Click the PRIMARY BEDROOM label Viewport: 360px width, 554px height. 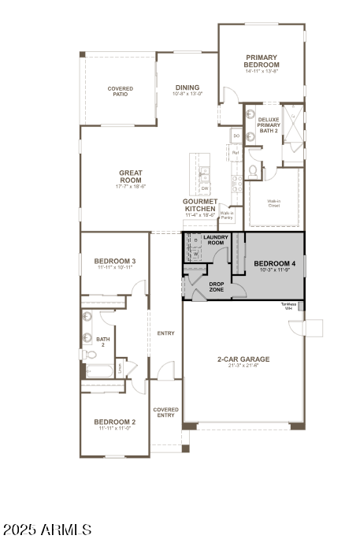262,61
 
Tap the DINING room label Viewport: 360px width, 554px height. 187,88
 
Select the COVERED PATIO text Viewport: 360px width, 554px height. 121,91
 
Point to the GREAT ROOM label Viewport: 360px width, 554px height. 130,177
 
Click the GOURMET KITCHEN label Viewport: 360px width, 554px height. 200,205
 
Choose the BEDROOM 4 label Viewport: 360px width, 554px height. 274,263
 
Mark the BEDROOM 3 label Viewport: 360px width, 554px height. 115,262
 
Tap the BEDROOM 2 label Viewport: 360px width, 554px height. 115,422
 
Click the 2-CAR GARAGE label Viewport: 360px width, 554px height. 243,359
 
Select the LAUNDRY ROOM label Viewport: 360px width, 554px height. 214,240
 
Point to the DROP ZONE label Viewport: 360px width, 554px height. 217,287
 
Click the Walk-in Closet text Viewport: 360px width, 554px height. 274,203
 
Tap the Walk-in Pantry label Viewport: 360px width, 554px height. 227,214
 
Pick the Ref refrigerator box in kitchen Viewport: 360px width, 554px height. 236,152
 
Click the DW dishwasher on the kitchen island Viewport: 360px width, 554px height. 205,188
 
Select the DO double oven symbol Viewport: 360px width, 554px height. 236,136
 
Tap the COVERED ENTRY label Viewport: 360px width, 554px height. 165,412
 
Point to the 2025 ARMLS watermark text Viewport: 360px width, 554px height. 47,530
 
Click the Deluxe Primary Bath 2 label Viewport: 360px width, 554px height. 269,124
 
